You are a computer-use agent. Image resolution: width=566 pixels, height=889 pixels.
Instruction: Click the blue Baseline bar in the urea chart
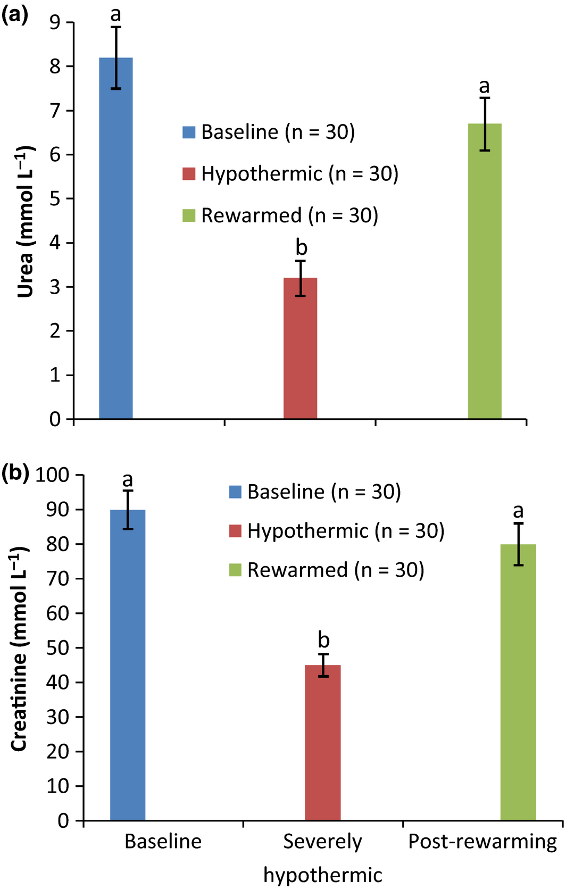(x=115, y=239)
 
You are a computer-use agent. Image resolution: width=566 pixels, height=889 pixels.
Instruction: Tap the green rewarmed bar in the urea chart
(x=485, y=271)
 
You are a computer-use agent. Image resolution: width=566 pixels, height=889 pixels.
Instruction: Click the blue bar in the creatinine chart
(x=128, y=665)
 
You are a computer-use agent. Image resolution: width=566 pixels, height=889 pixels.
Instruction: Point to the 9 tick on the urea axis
(x=55, y=22)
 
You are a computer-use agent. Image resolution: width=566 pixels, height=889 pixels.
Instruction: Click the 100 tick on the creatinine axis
(x=52, y=475)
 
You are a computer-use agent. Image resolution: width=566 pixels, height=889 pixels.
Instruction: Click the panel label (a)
(x=14, y=14)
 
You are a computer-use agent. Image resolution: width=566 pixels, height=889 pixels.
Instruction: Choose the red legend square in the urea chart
(x=189, y=173)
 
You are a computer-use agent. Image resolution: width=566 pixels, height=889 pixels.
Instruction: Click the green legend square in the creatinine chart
(x=235, y=570)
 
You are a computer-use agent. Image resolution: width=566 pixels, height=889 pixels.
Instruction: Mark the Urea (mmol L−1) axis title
(x=26, y=221)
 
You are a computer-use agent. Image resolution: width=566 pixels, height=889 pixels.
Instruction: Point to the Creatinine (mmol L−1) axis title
(x=19, y=652)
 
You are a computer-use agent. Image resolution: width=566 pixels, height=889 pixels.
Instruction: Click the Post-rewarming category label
(x=482, y=841)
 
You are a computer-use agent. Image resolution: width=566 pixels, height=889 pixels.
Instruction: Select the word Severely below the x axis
(x=322, y=841)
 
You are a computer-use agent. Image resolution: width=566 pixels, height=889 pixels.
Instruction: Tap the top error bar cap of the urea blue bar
(x=115, y=27)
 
